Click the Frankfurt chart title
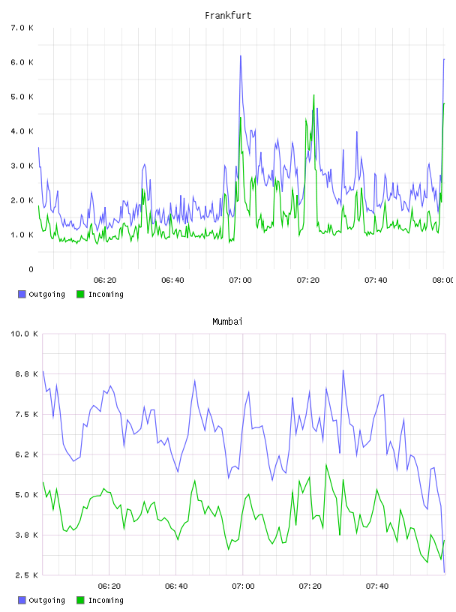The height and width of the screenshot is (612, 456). (228, 16)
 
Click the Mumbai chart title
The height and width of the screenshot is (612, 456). (227, 322)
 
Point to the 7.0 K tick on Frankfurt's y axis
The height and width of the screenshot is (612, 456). (22, 28)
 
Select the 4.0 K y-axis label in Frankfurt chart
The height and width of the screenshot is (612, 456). (22, 131)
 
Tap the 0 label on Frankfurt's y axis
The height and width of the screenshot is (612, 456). (31, 269)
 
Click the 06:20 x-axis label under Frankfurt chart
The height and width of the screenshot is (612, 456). (105, 280)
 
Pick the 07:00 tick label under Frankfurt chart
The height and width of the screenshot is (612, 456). (240, 280)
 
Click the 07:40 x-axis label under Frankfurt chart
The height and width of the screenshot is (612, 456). (376, 280)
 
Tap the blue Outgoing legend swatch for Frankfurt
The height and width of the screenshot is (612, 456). (22, 294)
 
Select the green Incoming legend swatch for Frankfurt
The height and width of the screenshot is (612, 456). (80, 294)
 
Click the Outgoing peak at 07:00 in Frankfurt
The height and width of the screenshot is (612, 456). (241, 55)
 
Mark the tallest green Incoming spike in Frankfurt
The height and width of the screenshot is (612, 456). (313, 94)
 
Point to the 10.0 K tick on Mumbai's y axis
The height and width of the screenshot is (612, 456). (24, 334)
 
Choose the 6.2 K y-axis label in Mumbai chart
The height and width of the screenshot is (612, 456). (26, 454)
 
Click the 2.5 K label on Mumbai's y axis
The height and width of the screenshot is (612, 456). (26, 575)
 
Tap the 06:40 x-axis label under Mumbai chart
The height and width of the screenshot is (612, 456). (176, 586)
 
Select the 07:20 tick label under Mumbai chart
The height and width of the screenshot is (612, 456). (310, 586)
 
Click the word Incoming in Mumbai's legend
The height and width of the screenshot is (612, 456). (106, 600)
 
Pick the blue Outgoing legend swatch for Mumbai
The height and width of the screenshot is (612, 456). (22, 600)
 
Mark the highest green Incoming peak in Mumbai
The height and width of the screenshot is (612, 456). (326, 464)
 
